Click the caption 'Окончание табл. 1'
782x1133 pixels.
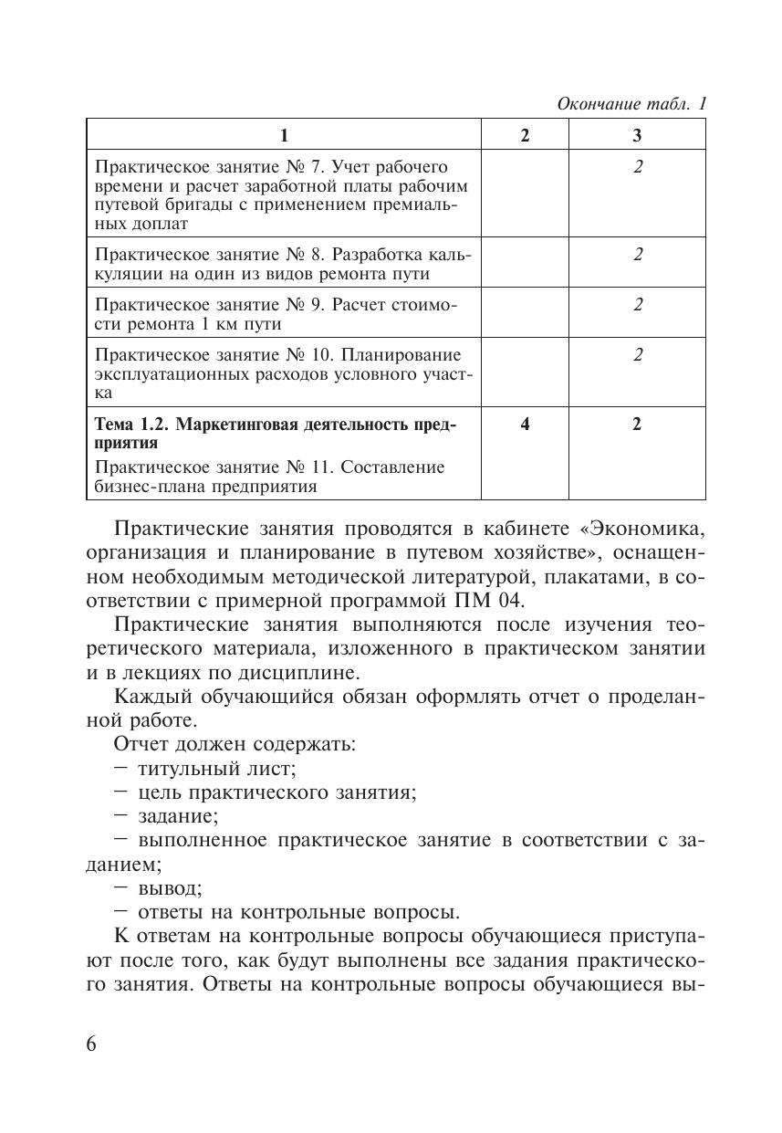631,104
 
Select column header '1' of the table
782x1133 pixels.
284,135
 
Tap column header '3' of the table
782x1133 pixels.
637,135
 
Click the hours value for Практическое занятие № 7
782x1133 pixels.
638,167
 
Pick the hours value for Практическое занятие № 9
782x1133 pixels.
638,304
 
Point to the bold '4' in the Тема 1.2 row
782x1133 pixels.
525,424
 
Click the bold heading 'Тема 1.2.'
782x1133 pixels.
132,425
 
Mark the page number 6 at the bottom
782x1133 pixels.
91,1044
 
